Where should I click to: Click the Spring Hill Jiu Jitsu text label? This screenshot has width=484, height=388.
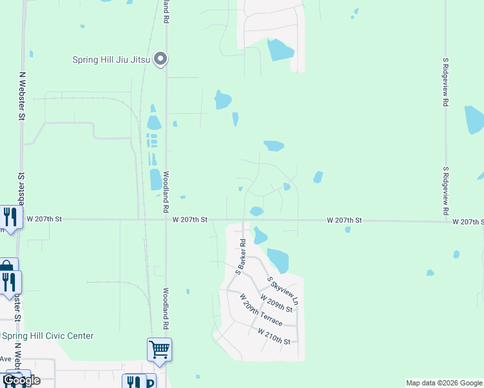(x=111, y=60)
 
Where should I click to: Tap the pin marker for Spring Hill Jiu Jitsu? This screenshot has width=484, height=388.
(x=161, y=59)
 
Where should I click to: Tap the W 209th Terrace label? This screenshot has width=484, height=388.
(x=261, y=310)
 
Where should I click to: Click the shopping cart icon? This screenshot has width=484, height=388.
(x=159, y=350)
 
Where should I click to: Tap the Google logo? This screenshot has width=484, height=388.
(x=21, y=380)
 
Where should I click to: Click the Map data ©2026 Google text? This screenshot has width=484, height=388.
(x=444, y=383)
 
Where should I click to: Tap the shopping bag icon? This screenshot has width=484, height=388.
(x=6, y=266)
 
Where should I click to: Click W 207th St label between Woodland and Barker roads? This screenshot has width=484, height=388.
(x=190, y=220)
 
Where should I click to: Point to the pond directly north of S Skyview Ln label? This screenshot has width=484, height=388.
(x=278, y=260)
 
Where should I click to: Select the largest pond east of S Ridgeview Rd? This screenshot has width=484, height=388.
(x=474, y=119)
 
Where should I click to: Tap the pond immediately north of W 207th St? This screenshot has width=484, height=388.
(x=256, y=211)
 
